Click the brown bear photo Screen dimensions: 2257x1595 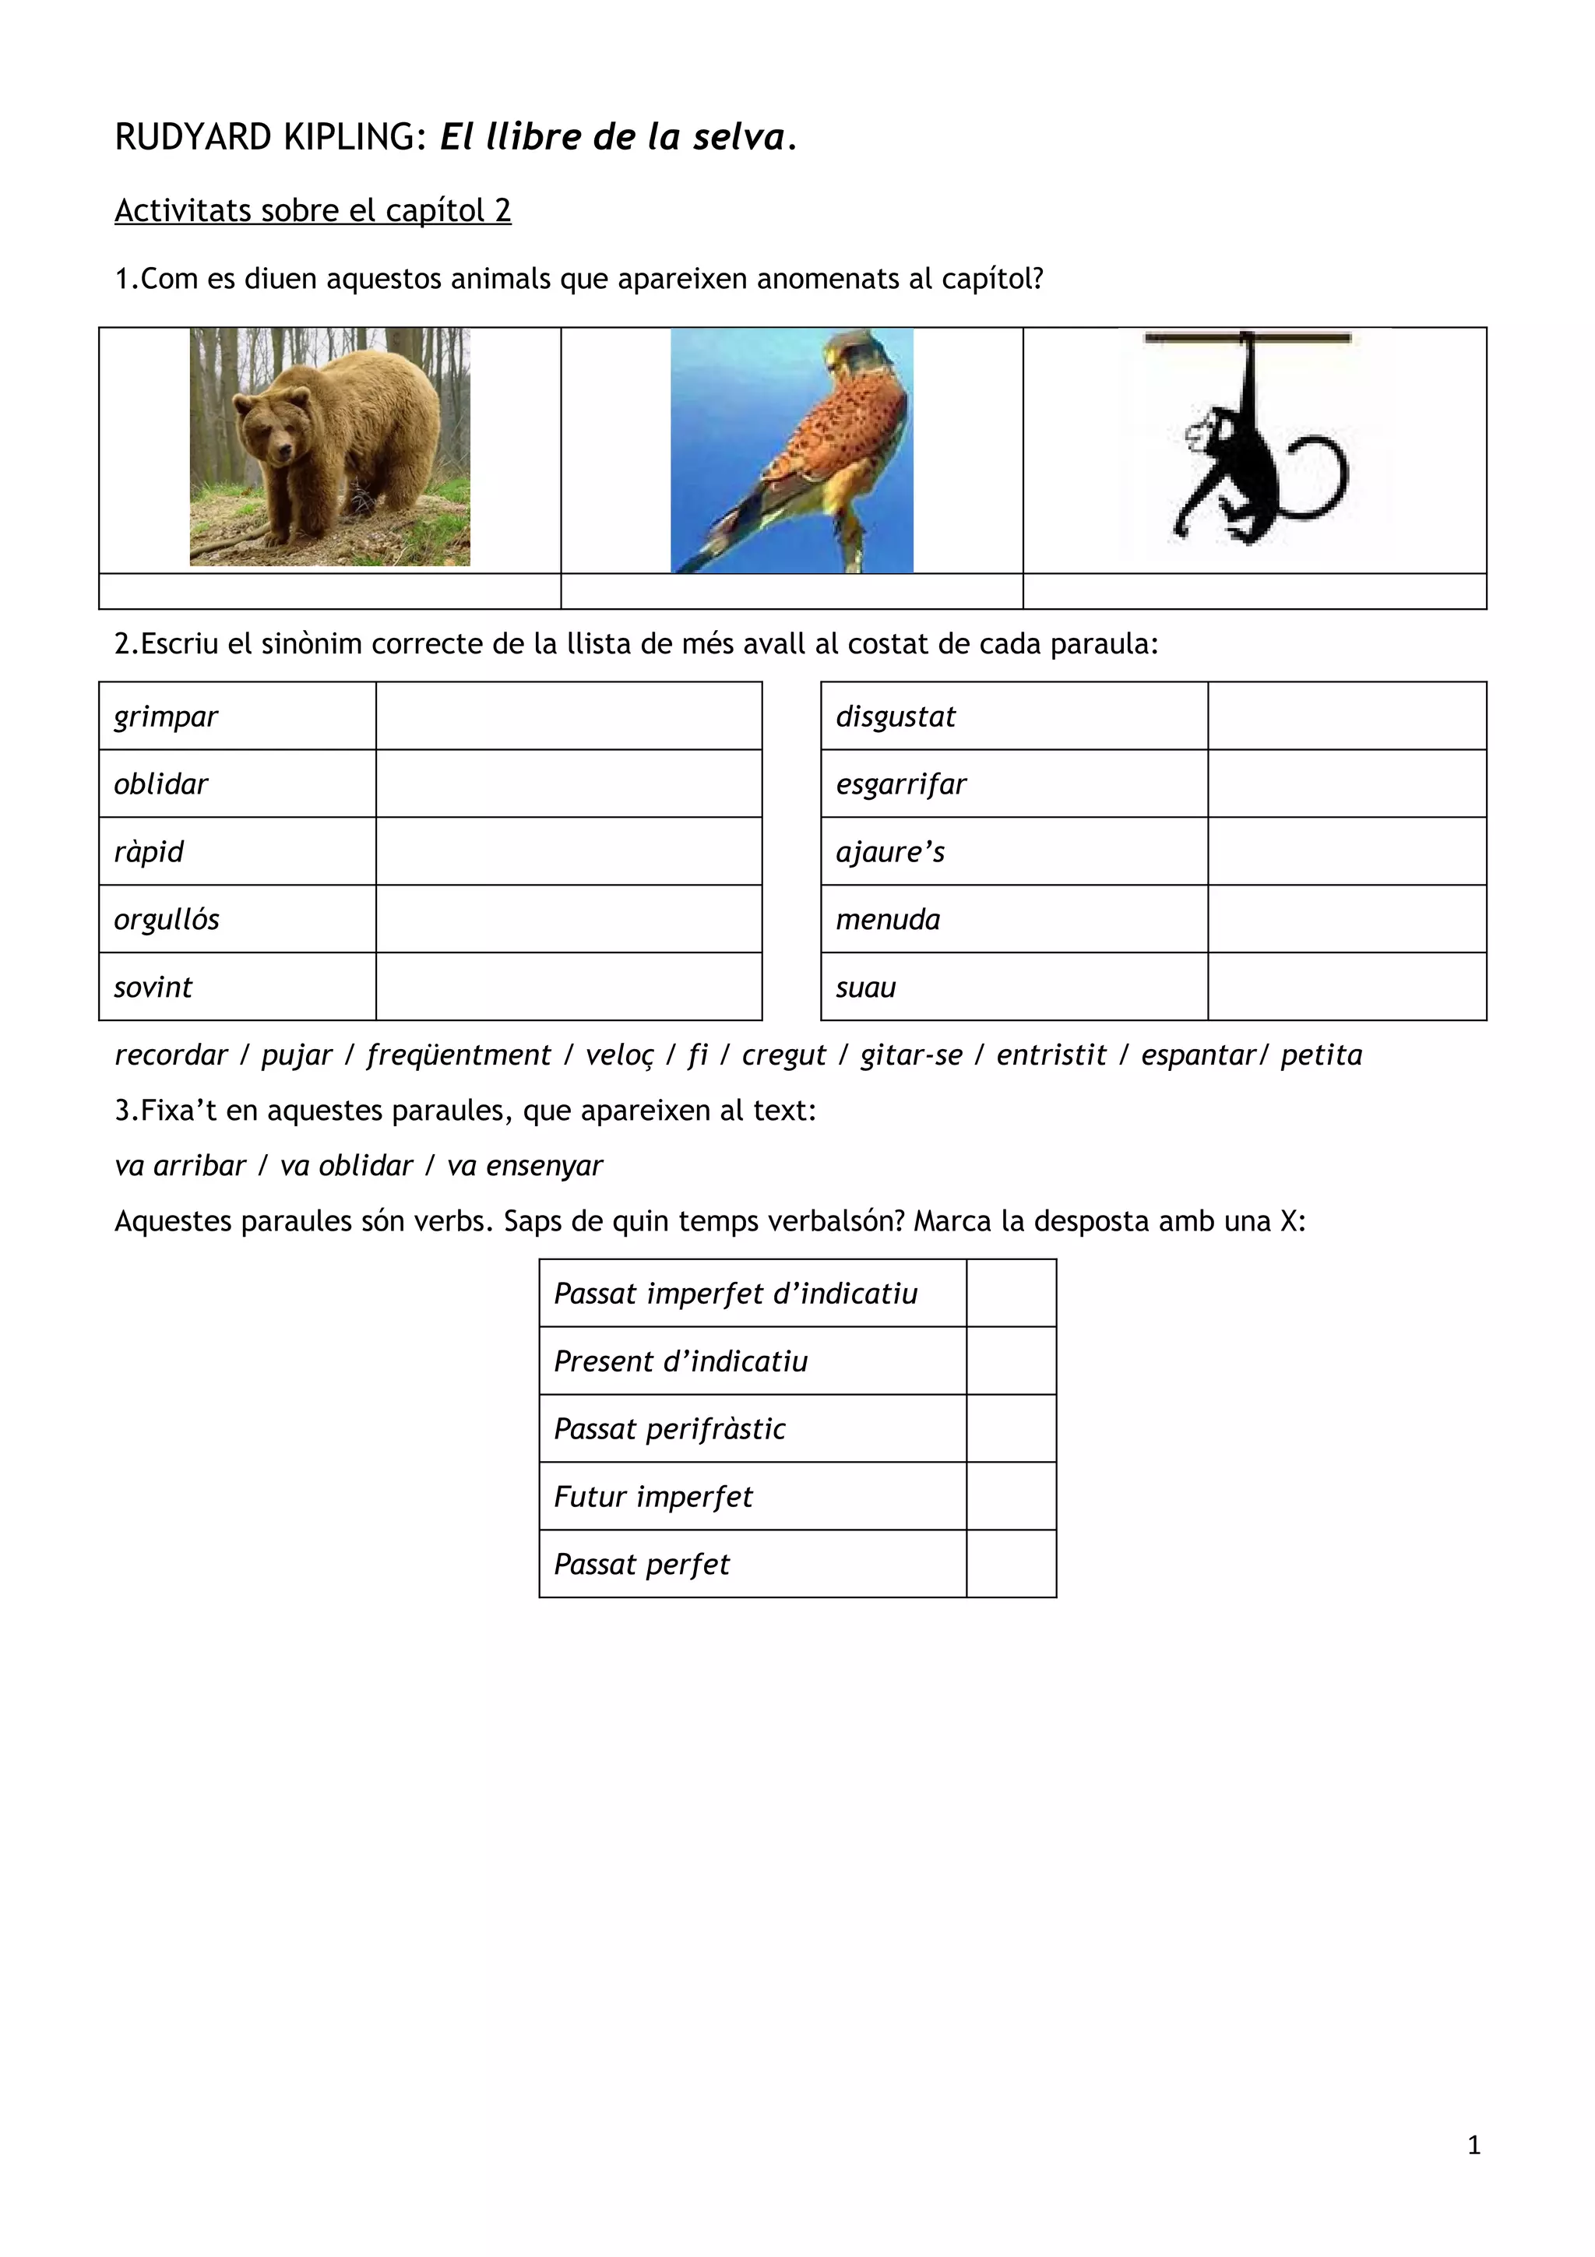[x=329, y=447]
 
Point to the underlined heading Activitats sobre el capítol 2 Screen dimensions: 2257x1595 [x=312, y=210]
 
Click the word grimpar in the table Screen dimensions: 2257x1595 [x=165, y=717]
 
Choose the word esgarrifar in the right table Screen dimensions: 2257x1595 [x=900, y=784]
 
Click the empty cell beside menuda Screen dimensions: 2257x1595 [x=1347, y=919]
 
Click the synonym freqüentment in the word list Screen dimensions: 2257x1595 [x=458, y=1055]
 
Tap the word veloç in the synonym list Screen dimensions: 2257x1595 [x=619, y=1055]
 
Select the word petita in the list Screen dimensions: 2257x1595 [x=1321, y=1055]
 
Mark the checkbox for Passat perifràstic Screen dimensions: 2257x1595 [x=1011, y=1428]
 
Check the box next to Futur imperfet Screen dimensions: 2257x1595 [x=1011, y=1496]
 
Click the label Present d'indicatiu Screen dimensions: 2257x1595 [x=680, y=1361]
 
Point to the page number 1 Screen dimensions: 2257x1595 [x=1474, y=2145]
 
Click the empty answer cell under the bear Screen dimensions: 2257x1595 [x=329, y=592]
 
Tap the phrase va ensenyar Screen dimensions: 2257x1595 [x=525, y=1166]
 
